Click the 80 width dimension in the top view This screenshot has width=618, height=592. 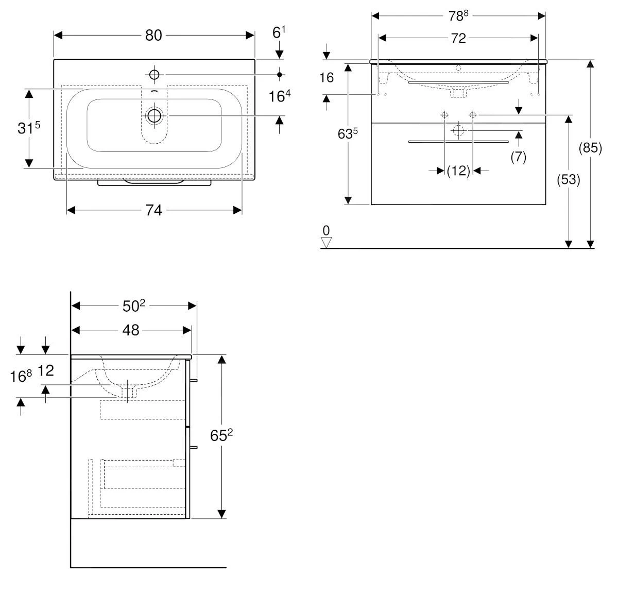(x=153, y=35)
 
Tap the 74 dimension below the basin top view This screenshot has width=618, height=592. (x=153, y=210)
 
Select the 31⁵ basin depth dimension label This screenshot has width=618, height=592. (x=28, y=128)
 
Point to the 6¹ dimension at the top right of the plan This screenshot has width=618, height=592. (x=279, y=33)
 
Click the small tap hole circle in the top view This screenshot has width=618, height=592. (x=154, y=75)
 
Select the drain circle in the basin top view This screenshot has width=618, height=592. (x=154, y=115)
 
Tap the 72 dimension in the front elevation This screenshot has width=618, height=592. (x=458, y=38)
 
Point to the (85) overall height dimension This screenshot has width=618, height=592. (x=590, y=148)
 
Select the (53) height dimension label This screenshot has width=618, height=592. (x=569, y=180)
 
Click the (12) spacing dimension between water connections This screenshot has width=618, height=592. (x=458, y=171)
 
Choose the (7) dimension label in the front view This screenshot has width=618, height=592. (x=518, y=157)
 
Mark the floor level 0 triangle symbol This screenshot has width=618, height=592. (x=326, y=241)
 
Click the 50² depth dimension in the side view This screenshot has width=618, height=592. (x=134, y=306)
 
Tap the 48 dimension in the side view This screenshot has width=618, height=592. (x=131, y=330)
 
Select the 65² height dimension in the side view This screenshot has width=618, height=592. (x=221, y=436)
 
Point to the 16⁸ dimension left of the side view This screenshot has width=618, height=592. (x=21, y=377)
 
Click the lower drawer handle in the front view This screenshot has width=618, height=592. (x=458, y=141)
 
